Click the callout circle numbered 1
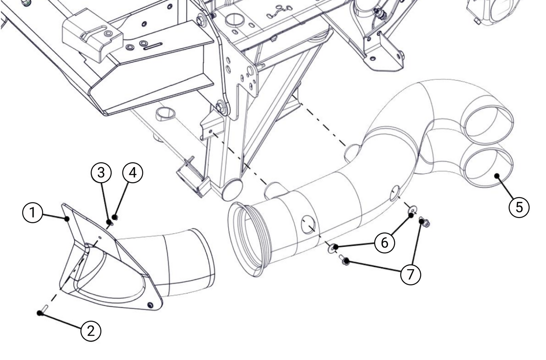[x=33, y=213]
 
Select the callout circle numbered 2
[x=91, y=331]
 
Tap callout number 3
[x=101, y=172]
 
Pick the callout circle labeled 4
[x=133, y=172]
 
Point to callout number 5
[x=519, y=207]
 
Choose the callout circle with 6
[x=385, y=242]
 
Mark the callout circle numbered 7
[x=410, y=273]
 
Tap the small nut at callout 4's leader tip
[x=116, y=217]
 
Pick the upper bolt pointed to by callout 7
[x=425, y=222]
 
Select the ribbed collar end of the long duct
[x=246, y=238]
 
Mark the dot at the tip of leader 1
[x=67, y=219]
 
